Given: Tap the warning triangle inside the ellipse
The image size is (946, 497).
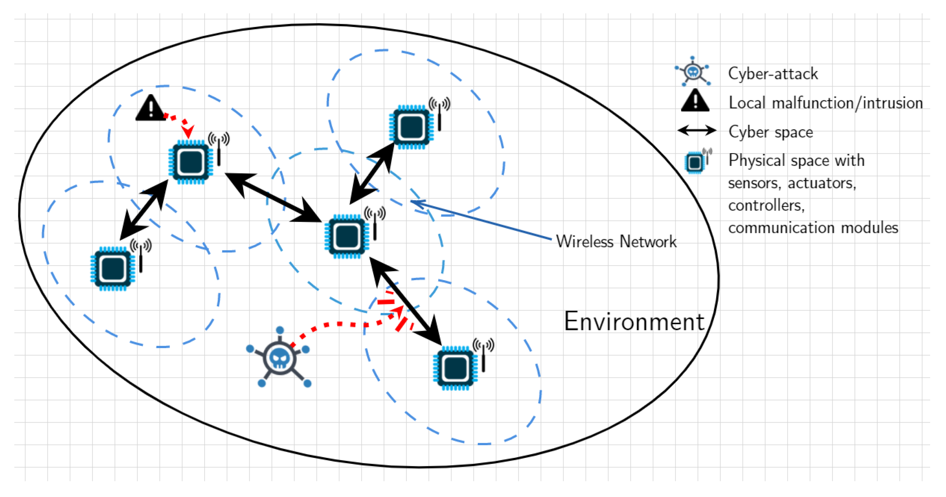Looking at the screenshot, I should (151, 109).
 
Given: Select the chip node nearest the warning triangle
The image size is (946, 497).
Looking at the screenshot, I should (191, 162).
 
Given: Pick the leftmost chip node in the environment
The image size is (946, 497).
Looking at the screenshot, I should (113, 268).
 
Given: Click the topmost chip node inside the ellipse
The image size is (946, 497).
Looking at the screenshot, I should (411, 127).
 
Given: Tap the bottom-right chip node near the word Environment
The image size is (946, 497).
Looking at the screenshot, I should (455, 368).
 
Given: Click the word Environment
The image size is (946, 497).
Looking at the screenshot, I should (634, 322).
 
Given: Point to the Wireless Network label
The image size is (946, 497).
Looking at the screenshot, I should (616, 242).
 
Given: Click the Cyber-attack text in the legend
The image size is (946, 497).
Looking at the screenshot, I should (773, 74).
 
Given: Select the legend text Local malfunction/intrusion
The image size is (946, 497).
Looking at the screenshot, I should (825, 103).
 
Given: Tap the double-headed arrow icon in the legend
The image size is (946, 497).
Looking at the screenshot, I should (697, 131).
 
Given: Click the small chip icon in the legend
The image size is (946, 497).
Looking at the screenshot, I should (695, 163).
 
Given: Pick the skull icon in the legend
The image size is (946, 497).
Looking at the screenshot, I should (693, 72).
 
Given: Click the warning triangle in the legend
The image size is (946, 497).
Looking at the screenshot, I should (695, 101).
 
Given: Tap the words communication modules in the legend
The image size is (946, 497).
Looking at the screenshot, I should (813, 228).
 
